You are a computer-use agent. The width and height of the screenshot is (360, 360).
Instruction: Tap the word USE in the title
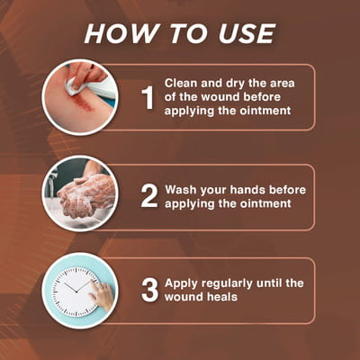click(247, 33)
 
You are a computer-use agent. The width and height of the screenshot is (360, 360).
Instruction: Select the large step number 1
click(148, 98)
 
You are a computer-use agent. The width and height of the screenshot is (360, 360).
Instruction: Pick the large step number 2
click(149, 196)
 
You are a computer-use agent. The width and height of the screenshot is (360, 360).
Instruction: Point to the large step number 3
click(149, 290)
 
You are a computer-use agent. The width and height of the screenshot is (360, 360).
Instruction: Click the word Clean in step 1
click(181, 83)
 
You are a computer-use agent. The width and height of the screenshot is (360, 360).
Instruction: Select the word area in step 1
click(283, 84)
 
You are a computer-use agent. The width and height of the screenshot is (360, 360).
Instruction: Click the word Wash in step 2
click(181, 190)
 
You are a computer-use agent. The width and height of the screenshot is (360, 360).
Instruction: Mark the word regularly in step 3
click(227, 283)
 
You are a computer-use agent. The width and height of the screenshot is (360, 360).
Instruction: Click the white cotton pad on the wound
click(75, 85)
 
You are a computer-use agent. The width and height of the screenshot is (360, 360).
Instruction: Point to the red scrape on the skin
click(81, 101)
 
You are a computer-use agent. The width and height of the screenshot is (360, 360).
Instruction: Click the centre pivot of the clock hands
click(76, 292)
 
